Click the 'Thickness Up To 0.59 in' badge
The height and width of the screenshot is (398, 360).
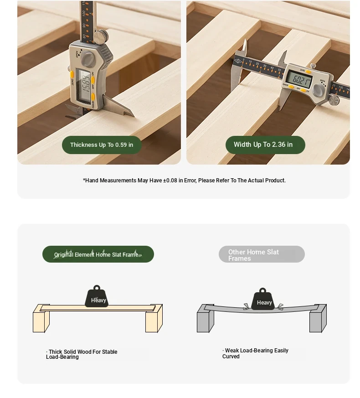pos(102,145)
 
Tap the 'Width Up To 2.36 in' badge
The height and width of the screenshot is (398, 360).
pos(265,145)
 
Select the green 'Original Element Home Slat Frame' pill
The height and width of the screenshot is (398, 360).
pos(98,254)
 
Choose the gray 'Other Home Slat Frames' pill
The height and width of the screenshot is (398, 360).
pos(262,254)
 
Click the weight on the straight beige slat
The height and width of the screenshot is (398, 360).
pos(97,296)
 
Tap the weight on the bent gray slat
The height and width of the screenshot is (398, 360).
pos(263,299)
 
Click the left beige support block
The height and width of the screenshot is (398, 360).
pos(41,319)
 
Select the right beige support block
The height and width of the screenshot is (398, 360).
pos(154,319)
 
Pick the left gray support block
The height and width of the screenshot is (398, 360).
pos(205,319)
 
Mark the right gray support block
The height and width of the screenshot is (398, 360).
pos(318,319)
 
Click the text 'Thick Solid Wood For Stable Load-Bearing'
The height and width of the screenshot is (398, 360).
pos(82,354)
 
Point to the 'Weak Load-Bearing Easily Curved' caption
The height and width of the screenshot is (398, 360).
pos(255,353)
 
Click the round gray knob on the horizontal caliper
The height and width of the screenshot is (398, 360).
pos(319,90)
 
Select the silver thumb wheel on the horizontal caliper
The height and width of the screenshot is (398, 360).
pos(334,100)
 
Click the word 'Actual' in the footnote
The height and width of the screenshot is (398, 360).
pos(256,181)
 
